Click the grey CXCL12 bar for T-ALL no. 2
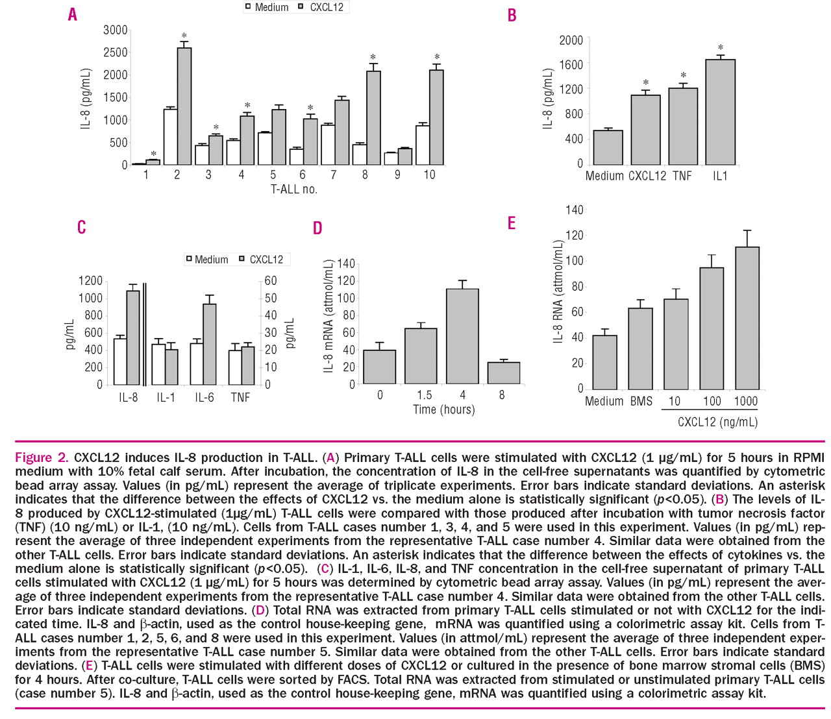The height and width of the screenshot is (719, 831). click(184, 106)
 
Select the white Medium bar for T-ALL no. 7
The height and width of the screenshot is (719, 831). click(329, 145)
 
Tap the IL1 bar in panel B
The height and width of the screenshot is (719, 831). click(720, 112)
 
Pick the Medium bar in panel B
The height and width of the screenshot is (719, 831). click(608, 147)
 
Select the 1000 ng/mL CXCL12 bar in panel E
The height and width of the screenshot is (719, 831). click(747, 318)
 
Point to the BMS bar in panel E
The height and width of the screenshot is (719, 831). click(641, 348)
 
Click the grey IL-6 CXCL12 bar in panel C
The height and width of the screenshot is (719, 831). click(210, 344)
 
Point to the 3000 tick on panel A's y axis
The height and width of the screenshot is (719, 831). click(116, 30)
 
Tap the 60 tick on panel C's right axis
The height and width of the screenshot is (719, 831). click(271, 281)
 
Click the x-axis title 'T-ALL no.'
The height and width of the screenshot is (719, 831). click(293, 189)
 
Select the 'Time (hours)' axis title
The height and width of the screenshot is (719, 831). click(443, 409)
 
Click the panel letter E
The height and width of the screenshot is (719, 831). click(512, 223)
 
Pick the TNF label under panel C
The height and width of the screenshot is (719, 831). click(240, 397)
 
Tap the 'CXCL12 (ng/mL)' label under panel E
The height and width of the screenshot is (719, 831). click(717, 422)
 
